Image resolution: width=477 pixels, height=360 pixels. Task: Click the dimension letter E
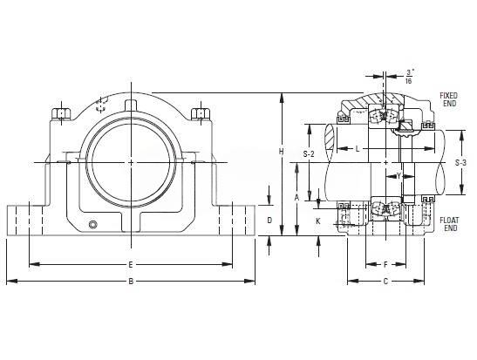(x=131, y=264)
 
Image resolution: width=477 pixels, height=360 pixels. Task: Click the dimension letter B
(x=131, y=282)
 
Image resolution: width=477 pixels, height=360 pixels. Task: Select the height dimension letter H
(x=282, y=151)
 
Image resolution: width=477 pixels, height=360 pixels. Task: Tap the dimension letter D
(x=269, y=221)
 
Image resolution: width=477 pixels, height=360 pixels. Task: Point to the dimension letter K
(x=318, y=221)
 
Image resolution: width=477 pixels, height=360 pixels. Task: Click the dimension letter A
(x=296, y=198)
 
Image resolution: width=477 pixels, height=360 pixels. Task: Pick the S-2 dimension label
(x=309, y=154)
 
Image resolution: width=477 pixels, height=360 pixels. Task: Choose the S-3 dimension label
(x=460, y=163)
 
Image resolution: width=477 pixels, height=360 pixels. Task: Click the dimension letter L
(x=358, y=149)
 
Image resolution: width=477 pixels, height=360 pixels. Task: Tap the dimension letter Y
(x=399, y=176)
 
